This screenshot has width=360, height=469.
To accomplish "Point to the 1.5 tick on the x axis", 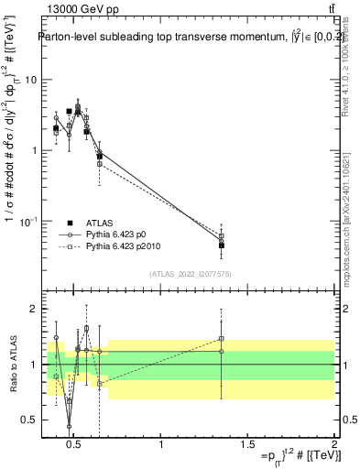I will point(247,446).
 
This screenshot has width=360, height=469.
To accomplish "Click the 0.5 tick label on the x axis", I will point(75,446).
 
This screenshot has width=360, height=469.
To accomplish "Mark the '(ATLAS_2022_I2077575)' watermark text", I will point(190,274).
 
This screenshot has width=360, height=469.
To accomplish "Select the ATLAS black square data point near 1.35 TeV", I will point(222,245).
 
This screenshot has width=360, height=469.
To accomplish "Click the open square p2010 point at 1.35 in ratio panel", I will point(222,339).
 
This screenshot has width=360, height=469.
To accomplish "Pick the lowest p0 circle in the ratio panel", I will point(69,426).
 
